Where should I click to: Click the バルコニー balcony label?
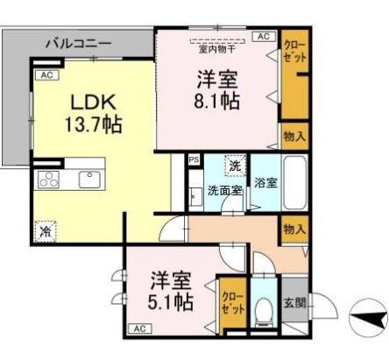(78, 42)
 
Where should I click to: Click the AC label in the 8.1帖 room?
(262, 36)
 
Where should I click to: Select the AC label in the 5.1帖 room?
(138, 328)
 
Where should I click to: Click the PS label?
(194, 160)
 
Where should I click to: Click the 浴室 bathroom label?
(265, 184)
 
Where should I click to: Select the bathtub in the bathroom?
(295, 182)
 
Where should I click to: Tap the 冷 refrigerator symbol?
(44, 232)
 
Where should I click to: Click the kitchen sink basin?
(90, 180)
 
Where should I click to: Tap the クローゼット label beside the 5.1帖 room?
(232, 303)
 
